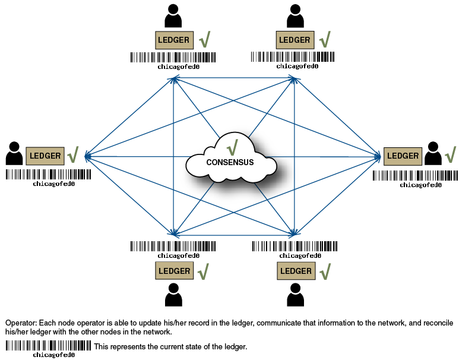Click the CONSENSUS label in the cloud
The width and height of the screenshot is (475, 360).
230,162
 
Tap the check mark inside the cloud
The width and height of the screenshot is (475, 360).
232,146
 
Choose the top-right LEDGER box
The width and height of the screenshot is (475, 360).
295,40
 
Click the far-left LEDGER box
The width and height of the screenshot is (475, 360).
45,156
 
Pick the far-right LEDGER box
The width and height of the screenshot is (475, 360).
403,156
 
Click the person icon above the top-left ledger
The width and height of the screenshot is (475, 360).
173,16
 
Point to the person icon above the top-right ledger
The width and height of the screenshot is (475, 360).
294,16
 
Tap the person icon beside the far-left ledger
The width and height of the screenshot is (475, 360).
14,153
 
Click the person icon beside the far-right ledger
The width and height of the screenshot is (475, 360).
433,153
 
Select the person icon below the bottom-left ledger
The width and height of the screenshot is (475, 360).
173,295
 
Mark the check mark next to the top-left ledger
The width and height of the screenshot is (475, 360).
204,40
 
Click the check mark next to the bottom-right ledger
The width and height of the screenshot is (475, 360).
325,271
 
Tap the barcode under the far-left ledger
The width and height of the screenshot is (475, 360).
48,175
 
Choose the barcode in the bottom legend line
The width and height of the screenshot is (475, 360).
48,346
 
